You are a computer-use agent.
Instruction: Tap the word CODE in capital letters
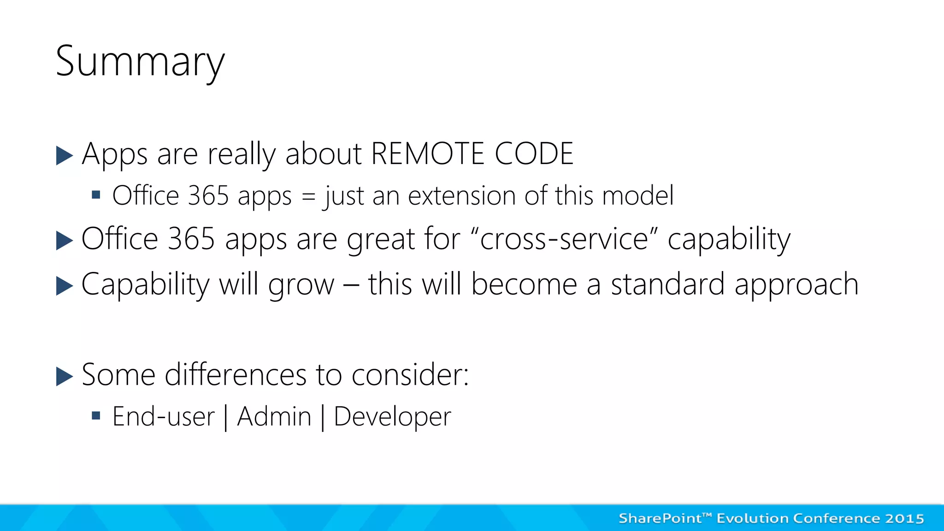[x=534, y=153]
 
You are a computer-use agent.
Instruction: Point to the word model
[x=637, y=195]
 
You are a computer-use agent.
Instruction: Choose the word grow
[x=301, y=284]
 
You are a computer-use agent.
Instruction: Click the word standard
[x=667, y=284]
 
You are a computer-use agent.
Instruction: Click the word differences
[x=236, y=374]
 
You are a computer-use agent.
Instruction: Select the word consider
[x=410, y=374]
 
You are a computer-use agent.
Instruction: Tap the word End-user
[x=164, y=417]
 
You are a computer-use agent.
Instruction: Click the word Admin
[x=274, y=417]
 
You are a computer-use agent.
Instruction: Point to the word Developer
[x=392, y=417]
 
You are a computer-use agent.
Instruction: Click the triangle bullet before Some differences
[x=65, y=376]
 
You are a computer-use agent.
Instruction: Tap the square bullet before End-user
[x=96, y=416]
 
